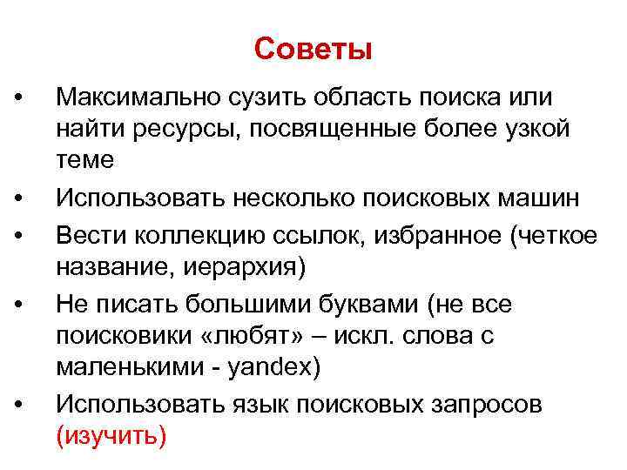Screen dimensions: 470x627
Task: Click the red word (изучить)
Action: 111,435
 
